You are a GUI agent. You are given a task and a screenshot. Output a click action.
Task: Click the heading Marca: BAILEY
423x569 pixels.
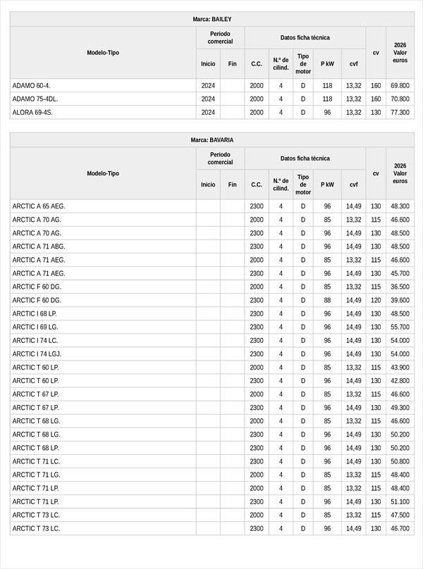coord(211,19)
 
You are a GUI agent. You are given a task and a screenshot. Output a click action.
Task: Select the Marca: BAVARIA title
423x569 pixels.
coord(211,140)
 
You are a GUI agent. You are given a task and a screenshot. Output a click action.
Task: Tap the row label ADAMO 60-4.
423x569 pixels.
coord(31,86)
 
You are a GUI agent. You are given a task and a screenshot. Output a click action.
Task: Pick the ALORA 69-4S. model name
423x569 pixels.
coord(32,113)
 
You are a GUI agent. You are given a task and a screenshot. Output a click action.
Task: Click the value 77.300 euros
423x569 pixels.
coord(400,113)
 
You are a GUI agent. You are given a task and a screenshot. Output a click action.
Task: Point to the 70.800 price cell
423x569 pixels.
coord(400,99)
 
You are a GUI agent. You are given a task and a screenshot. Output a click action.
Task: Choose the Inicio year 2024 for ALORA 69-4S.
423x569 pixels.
coord(208,113)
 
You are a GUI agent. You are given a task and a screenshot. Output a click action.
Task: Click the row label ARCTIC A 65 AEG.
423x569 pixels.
coord(39,206)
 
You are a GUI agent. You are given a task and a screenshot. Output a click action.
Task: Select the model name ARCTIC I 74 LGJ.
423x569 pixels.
coord(37,354)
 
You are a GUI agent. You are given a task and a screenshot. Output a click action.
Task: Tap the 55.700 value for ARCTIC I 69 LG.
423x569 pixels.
coord(400,327)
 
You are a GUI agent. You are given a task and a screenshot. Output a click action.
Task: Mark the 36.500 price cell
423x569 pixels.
coord(400,287)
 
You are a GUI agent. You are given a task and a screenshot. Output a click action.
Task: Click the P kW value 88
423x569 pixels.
coord(327,301)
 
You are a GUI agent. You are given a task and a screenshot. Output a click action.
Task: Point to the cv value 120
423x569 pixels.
coord(376,301)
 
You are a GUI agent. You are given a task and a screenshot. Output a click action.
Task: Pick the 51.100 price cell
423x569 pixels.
coord(400,502)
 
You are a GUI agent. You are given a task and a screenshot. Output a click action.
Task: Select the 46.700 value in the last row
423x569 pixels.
coord(400,529)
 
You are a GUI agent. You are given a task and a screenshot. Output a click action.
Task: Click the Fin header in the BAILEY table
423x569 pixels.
coord(232,63)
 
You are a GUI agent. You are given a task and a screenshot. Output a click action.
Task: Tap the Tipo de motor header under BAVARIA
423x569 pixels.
coord(303,185)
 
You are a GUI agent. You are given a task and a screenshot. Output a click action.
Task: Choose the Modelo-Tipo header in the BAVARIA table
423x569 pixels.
coord(103,173)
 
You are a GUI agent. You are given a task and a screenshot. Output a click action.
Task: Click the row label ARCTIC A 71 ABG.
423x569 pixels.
coord(39,246)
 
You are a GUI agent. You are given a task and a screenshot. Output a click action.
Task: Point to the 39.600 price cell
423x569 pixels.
coord(400,301)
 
